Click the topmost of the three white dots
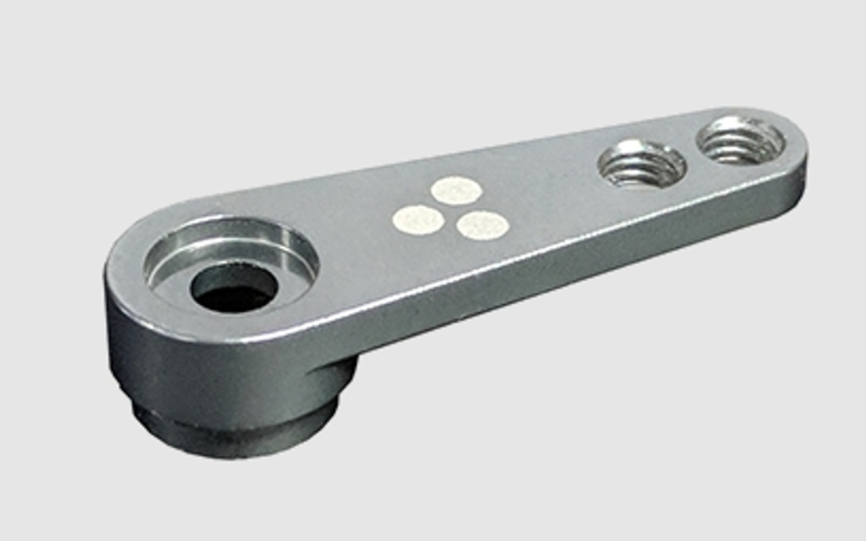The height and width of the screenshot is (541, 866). pyautogui.click(x=456, y=190)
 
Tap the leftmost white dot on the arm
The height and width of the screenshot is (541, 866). pyautogui.click(x=418, y=220)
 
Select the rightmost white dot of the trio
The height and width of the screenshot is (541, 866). pyautogui.click(x=482, y=225)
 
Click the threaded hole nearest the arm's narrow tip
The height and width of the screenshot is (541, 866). pyautogui.click(x=740, y=140)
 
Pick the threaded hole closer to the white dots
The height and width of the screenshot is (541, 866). pyautogui.click(x=641, y=164)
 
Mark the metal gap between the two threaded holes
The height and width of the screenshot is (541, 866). pyautogui.click(x=691, y=153)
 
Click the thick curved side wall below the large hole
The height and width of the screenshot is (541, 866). pyautogui.click(x=203, y=365)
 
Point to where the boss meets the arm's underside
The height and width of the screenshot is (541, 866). pyautogui.click(x=338, y=369)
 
